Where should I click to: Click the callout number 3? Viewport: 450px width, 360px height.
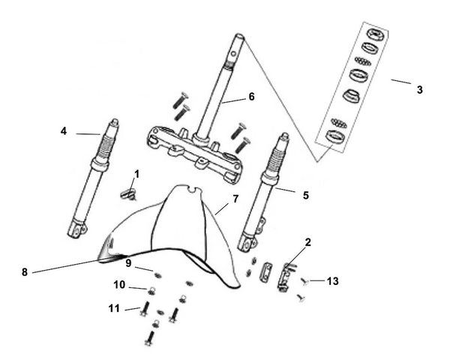419,89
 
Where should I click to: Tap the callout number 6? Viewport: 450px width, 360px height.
251,97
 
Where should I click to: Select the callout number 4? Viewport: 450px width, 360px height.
64,131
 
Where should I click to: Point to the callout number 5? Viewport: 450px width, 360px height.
306,195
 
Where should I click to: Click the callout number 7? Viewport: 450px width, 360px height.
235,199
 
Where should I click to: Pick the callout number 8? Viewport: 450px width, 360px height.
25,271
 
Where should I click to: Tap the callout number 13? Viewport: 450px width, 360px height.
333,281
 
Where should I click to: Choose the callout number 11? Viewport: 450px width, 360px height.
114,308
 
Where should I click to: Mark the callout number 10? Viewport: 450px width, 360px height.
119,285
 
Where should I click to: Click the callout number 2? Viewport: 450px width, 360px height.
308,242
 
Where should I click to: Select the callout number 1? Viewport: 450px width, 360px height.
137,174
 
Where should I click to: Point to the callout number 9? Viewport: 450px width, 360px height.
128,263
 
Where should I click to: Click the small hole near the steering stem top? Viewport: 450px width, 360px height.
234,53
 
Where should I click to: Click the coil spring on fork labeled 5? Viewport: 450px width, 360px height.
274,160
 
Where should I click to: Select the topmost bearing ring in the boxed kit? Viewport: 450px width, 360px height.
376,34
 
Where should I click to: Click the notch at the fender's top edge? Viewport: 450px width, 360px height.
193,190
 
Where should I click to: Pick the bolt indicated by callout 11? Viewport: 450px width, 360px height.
145,308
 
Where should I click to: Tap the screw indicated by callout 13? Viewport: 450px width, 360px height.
304,282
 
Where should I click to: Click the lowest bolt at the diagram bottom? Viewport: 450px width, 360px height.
150,338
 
